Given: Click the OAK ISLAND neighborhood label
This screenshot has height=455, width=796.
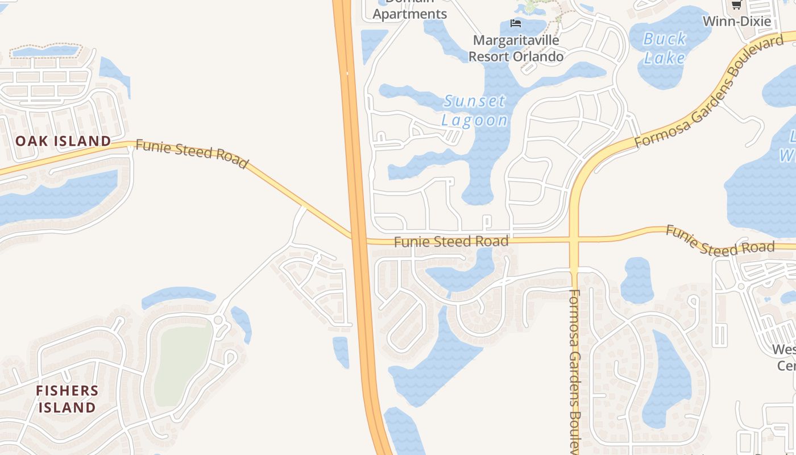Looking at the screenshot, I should coord(63,141).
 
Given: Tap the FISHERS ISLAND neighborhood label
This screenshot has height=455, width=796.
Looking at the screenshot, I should coord(67,399).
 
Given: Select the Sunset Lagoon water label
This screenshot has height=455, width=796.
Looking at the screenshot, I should coord(475,110).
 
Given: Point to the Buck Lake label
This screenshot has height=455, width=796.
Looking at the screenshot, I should coord(665,48).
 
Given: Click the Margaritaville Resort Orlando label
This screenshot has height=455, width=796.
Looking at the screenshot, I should coord(516,48).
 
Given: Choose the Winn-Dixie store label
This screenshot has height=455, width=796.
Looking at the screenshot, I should coord(737,22).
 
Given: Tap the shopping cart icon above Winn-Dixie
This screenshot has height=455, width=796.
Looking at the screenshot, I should coord(736,5).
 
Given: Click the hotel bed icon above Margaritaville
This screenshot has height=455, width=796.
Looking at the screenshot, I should coord(516,23).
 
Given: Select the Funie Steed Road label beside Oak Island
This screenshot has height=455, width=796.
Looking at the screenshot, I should coord(192,154).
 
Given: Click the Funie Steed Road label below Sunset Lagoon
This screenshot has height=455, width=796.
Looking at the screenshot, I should coord(451,242).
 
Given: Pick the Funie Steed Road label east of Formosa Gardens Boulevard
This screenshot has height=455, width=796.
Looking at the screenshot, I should coord(720,241).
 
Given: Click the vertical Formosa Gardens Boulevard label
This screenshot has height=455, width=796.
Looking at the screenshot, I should coord(574,370).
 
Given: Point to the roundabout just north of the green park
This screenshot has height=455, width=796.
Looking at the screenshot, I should coord(218,320).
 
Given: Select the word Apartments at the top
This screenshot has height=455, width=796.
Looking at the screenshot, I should coord(410,14).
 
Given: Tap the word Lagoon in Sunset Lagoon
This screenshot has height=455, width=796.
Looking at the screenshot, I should coord(475,120).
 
